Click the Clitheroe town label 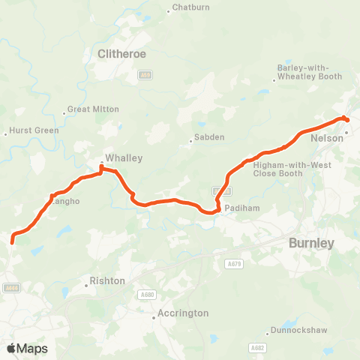click(121, 54)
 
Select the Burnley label click(311, 243)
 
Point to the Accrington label click(184, 313)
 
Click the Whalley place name click(124, 158)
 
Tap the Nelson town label click(325, 138)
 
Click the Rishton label click(105, 281)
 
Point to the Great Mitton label click(93, 109)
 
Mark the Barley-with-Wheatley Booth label click(309, 71)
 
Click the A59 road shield click(145, 75)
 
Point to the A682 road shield click(257, 347)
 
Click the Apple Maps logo click(27, 348)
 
